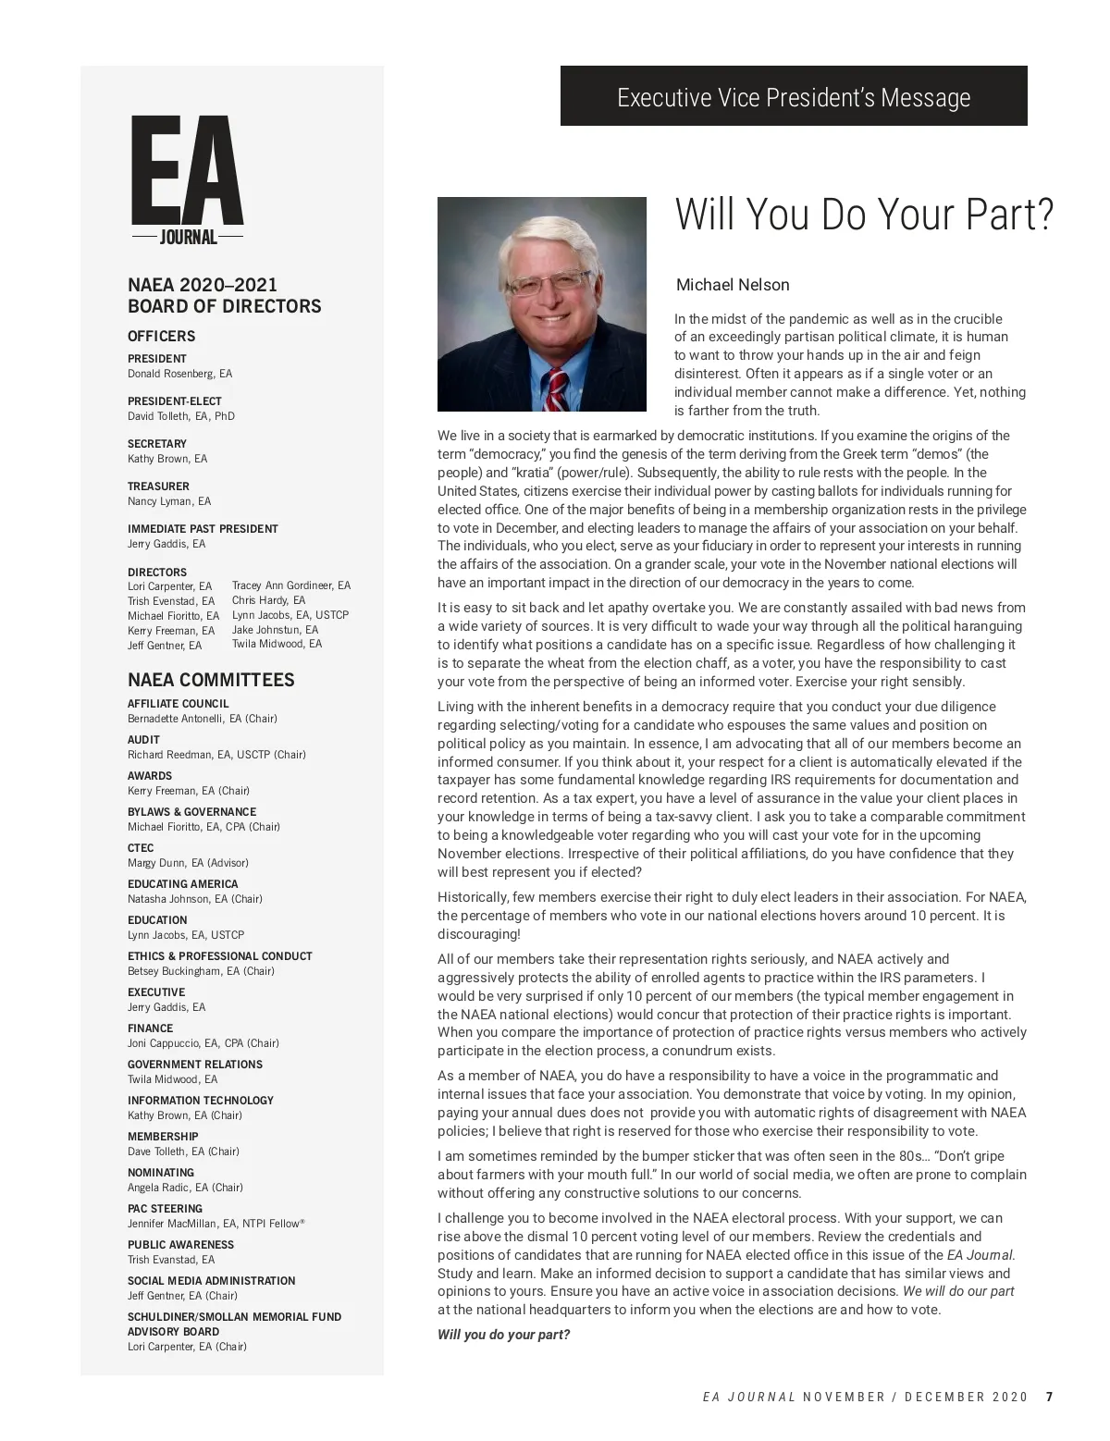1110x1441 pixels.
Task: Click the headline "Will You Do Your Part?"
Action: click(864, 215)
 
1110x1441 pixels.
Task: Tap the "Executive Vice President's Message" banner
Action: click(794, 97)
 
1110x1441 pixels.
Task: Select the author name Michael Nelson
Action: click(733, 285)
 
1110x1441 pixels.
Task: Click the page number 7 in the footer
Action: click(1049, 1397)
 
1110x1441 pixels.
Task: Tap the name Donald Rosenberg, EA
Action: click(179, 374)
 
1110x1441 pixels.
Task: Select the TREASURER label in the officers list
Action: click(158, 486)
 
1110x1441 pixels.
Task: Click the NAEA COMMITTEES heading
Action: click(211, 680)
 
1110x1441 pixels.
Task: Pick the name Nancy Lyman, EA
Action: click(169, 501)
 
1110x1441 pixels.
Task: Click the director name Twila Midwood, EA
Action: click(277, 644)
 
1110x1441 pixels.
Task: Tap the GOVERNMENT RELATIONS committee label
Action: click(195, 1065)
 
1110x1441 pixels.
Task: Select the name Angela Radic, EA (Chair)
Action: click(185, 1188)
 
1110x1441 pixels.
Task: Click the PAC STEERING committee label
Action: click(165, 1209)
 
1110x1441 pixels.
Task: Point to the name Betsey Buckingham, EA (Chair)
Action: click(201, 971)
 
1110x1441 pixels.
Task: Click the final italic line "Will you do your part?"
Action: click(503, 1335)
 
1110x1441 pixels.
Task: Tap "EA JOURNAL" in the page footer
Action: click(749, 1397)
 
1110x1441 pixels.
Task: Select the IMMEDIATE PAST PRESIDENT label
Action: click(203, 529)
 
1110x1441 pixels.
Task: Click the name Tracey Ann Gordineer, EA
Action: click(291, 585)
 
